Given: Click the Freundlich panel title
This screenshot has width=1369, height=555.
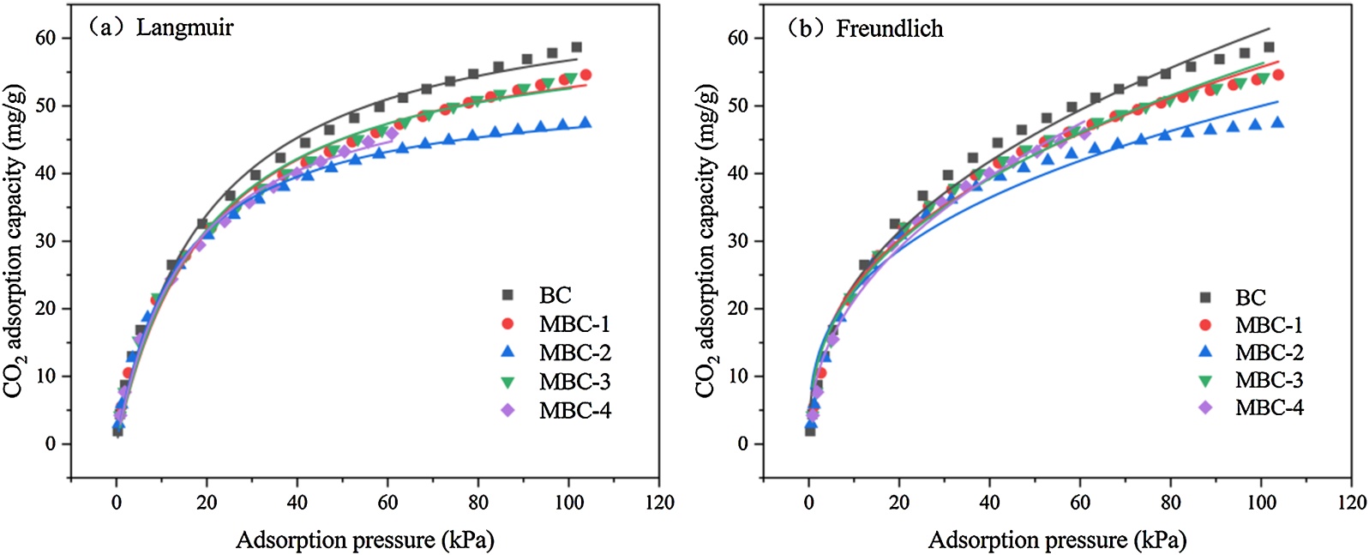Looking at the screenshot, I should click(866, 29).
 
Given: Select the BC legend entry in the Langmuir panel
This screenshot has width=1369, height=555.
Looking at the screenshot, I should click(555, 295).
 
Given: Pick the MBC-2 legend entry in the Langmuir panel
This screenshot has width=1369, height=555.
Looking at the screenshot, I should click(574, 353).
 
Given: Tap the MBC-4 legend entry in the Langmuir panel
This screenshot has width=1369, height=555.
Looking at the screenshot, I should click(574, 410).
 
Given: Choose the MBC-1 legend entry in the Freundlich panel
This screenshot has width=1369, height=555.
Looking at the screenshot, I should click(1268, 325).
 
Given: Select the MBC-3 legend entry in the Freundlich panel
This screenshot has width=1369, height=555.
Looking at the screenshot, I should click(1268, 380).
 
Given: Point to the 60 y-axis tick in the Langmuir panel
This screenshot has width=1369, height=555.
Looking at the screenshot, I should click(45, 38).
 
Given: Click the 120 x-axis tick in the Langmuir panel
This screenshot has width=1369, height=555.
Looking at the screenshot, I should click(659, 503).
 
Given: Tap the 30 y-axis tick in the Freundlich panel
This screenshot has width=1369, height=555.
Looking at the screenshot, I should click(738, 241).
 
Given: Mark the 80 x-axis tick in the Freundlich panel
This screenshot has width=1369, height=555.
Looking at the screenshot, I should click(1170, 503).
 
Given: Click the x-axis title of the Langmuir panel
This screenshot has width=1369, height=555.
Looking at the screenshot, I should click(364, 540).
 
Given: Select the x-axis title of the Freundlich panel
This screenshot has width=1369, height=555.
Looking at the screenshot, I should click(1057, 540).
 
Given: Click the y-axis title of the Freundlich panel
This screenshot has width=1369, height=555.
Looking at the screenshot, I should click(705, 241).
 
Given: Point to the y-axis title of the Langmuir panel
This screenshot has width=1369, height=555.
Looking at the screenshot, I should click(13, 241).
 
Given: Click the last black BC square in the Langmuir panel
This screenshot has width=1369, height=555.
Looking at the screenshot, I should click(577, 47).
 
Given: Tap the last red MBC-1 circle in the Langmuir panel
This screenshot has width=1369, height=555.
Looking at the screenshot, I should click(585, 75).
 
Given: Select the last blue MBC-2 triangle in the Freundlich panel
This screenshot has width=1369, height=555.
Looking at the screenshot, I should click(1277, 123).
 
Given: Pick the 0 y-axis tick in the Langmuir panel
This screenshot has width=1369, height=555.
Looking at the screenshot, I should click(51, 443).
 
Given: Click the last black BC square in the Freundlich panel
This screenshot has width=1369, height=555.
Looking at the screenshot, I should click(1269, 47).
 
